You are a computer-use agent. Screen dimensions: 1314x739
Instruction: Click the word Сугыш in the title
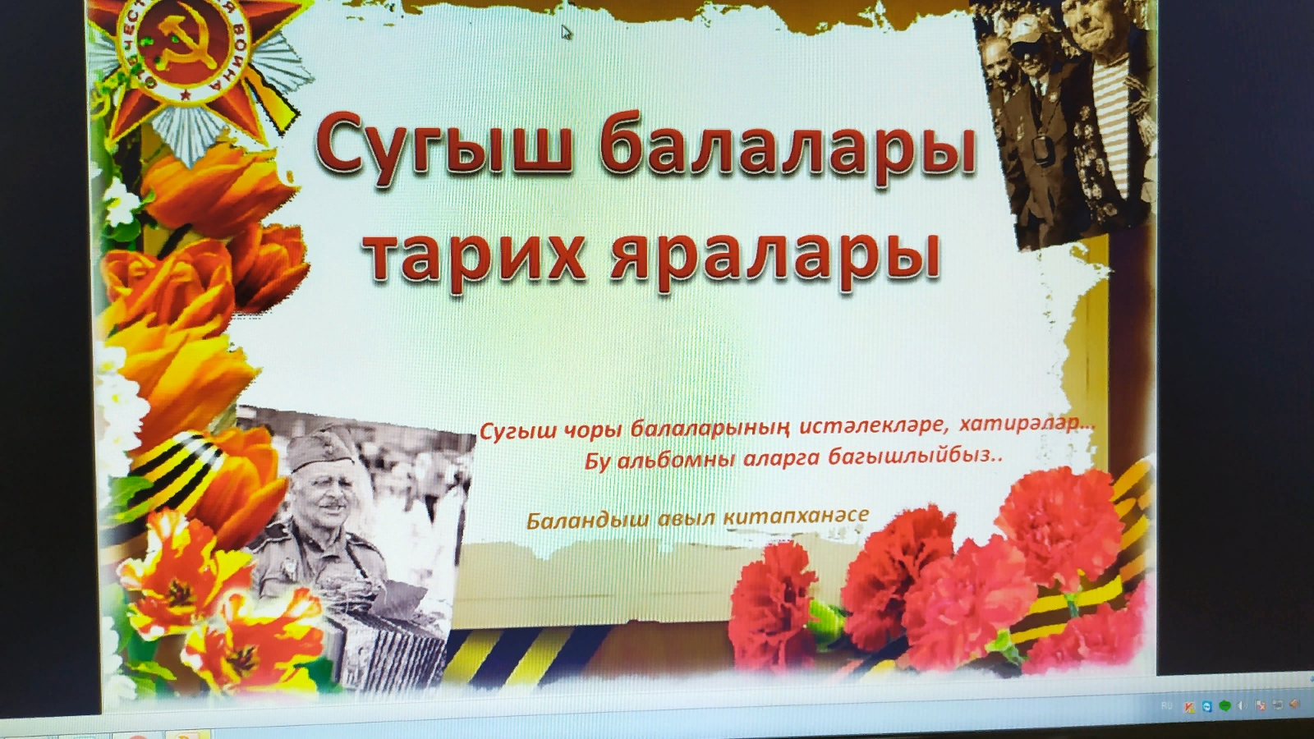coord(443,148)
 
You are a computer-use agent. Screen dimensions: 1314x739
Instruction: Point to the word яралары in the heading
coord(774,259)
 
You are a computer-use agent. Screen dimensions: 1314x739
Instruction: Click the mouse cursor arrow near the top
coord(566,32)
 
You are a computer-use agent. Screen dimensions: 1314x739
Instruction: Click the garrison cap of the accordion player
coord(321,448)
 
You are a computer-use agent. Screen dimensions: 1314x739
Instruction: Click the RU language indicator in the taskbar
coord(1167,705)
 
